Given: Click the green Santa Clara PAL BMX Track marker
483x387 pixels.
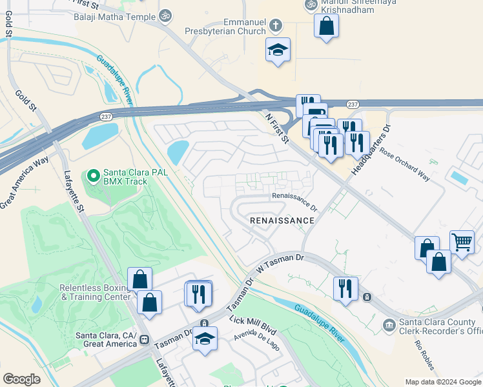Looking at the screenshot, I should tap(93, 174).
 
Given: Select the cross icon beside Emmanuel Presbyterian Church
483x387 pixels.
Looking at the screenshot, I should tap(276, 26).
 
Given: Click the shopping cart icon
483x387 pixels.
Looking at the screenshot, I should tap(462, 243).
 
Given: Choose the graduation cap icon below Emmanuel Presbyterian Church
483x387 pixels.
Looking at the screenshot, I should tap(278, 50).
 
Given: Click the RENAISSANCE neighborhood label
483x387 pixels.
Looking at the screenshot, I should tap(282, 221).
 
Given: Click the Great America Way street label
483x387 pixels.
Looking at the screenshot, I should tap(25, 183).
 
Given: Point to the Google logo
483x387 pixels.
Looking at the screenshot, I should tap(21, 379).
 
